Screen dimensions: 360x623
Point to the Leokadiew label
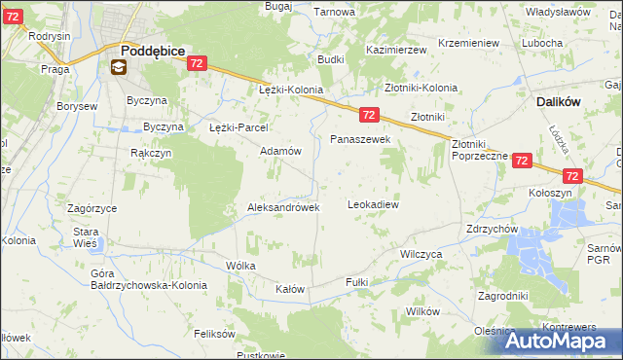(374, 205)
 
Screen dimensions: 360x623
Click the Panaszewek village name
(360, 140)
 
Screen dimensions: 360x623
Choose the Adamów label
(280, 152)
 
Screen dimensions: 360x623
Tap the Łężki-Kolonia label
(290, 90)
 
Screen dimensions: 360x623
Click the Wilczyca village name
(421, 253)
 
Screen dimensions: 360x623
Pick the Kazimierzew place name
(397, 49)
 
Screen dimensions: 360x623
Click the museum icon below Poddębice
(118, 67)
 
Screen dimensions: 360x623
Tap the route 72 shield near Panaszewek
(368, 115)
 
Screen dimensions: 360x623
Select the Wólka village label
(240, 266)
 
